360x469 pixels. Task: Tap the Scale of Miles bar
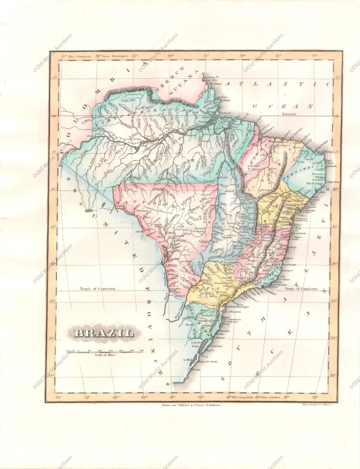pos(105,351)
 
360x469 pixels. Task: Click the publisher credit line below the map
pos(192,405)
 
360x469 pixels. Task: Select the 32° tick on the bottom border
pos(316,397)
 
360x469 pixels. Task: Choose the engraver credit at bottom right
pos(316,405)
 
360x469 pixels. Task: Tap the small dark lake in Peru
pos(88,211)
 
